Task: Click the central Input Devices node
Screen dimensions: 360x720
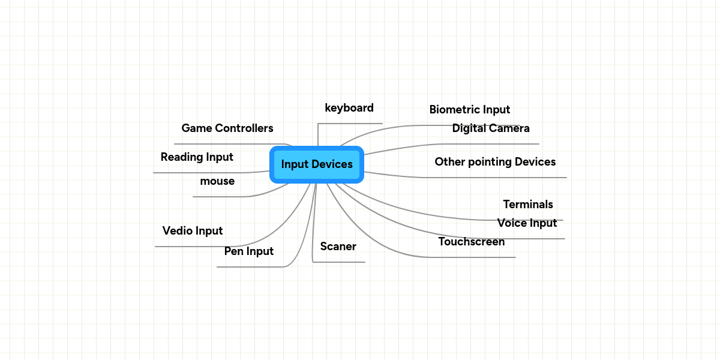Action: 317,164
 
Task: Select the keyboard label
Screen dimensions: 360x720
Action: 349,108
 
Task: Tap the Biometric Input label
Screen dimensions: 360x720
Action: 470,110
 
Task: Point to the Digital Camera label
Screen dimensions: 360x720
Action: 491,128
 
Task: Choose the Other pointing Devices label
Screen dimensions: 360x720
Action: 495,162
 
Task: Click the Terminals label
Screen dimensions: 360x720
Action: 528,205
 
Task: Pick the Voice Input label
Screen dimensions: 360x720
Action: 527,223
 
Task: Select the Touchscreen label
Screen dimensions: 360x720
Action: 472,242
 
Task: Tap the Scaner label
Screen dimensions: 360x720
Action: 338,247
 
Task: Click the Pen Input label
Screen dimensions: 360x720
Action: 249,251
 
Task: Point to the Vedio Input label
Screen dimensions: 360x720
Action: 193,231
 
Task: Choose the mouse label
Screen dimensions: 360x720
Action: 217,181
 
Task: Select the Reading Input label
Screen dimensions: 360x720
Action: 197,157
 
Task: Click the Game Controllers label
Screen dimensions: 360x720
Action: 227,128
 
